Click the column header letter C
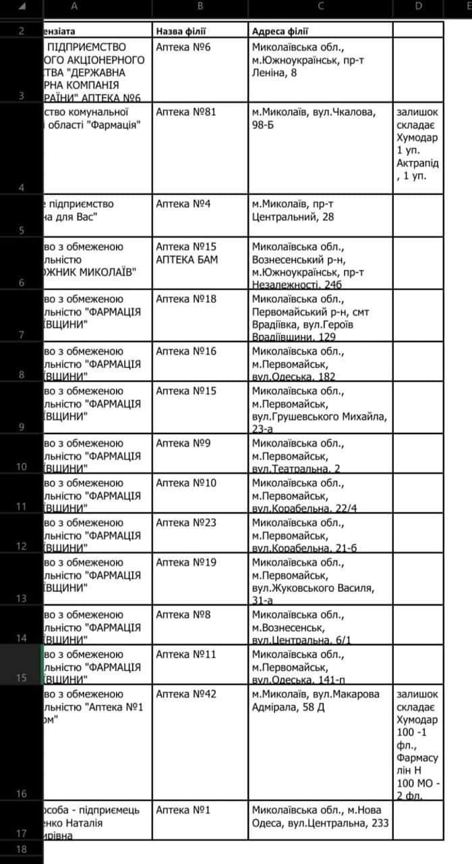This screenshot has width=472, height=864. coord(320,7)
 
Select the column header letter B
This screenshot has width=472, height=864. coord(200,7)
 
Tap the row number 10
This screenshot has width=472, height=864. coord(21,466)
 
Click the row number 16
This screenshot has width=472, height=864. coord(21,794)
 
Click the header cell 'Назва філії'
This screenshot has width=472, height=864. coord(181,31)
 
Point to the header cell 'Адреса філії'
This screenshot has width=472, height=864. coord(281,31)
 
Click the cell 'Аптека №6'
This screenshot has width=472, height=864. coord(183,47)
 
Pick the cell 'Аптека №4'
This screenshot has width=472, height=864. coord(183,204)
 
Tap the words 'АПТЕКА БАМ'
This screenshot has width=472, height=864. coord(187,259)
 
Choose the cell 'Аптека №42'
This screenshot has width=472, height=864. coord(186,694)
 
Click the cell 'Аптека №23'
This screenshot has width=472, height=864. coord(186,522)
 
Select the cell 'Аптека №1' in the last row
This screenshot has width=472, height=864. coord(183,810)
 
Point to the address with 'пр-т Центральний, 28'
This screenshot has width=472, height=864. coord(293,210)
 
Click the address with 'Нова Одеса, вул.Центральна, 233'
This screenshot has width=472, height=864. coord(320,816)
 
